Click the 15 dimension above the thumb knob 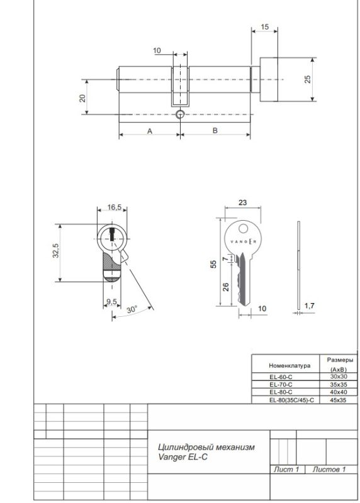(x=264, y=26)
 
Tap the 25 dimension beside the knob (x=307, y=79)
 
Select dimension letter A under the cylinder (x=150, y=131)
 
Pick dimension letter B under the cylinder (x=215, y=130)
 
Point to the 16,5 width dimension (x=115, y=207)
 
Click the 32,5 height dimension (x=56, y=250)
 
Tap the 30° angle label (x=132, y=309)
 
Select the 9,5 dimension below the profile (x=112, y=302)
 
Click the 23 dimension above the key (x=242, y=202)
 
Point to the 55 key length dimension (x=213, y=264)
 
